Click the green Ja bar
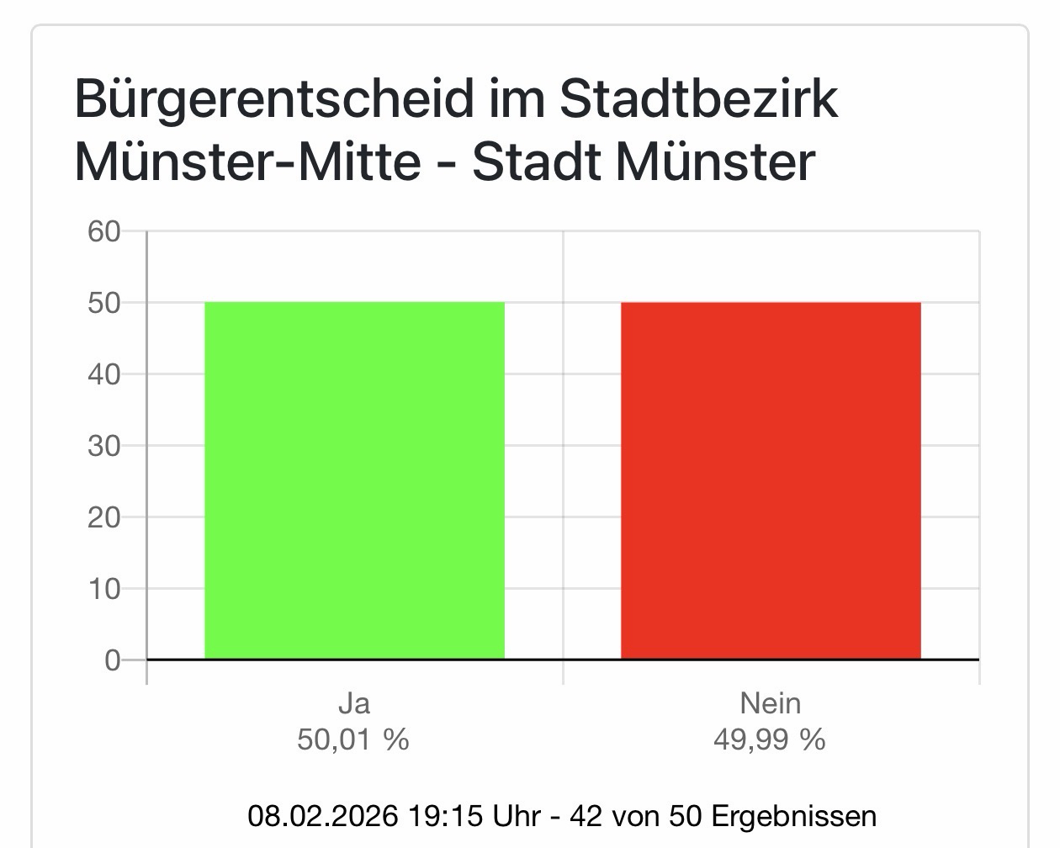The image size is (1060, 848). tap(354, 480)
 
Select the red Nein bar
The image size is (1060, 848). tap(771, 480)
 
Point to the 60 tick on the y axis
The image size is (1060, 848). tap(104, 231)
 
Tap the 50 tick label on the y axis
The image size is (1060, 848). tap(104, 303)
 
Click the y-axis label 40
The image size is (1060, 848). tap(104, 374)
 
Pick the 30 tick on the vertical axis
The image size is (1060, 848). tap(104, 446)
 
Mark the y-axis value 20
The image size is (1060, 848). tap(104, 517)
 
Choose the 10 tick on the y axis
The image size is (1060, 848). tap(104, 589)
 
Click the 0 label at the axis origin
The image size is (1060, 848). tap(113, 660)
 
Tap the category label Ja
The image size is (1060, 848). tap(353, 703)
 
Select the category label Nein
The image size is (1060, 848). tap(770, 703)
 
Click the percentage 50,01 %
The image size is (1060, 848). tap(353, 739)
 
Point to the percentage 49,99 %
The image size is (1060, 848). tap(770, 739)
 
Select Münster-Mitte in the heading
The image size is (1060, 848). tap(247, 162)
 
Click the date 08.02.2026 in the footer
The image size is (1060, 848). tap(322, 816)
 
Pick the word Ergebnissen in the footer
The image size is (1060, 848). tap(793, 816)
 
